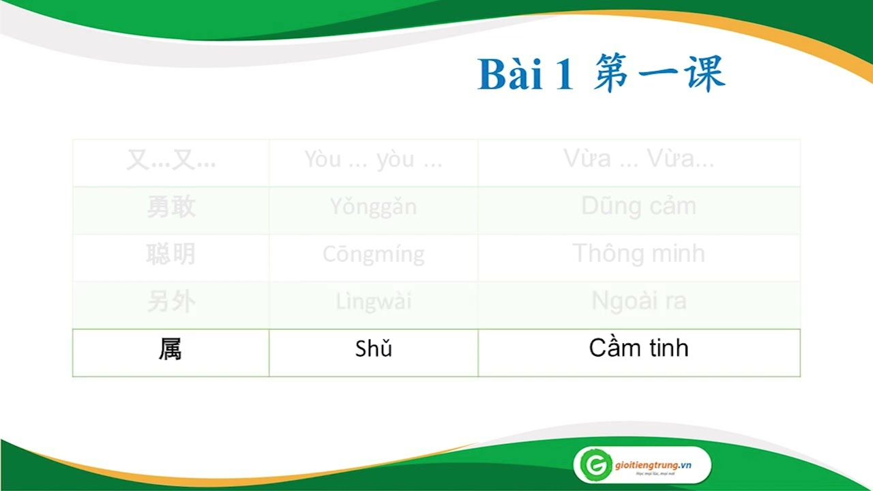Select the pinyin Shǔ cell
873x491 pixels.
[374, 349]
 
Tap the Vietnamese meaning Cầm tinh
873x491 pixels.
[638, 348]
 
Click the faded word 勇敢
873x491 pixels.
[171, 207]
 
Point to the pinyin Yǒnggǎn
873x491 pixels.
[373, 207]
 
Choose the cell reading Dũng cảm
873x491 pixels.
[638, 206]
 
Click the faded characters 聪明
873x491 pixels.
[171, 254]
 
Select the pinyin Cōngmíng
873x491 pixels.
[373, 255]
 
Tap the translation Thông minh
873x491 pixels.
[638, 254]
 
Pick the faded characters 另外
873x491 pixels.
[171, 302]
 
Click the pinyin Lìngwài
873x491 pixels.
[373, 301]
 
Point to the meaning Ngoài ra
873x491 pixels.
[638, 301]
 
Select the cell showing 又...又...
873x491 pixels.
[171, 160]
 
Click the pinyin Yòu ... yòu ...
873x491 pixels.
[373, 160]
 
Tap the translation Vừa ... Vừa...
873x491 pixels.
[638, 160]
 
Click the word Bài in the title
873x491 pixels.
[510, 74]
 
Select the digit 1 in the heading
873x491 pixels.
[564, 75]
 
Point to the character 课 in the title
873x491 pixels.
[700, 74]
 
